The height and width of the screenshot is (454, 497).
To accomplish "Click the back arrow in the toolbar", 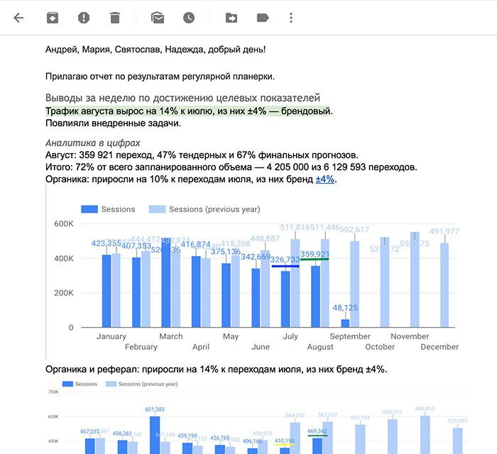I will point(18,18).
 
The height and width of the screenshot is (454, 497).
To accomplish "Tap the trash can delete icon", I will point(116,18).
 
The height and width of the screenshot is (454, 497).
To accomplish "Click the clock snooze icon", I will point(188,18).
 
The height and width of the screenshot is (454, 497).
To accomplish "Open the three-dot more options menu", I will point(291,18).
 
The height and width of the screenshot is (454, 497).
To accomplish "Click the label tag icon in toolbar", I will point(263,18).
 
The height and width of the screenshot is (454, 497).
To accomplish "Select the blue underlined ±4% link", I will point(324,179).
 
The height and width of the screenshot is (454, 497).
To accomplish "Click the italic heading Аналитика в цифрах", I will point(92,143).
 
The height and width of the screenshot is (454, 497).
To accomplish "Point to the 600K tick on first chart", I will point(63,224).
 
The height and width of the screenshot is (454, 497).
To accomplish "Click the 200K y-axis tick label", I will point(63,293).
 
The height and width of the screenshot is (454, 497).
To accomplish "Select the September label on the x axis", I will point(350,336).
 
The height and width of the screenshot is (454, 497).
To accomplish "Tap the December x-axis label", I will point(439,347).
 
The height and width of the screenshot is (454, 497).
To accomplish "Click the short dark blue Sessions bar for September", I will point(345,323).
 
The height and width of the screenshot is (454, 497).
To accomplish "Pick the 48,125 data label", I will point(345,309).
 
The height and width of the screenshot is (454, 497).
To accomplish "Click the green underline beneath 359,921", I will point(315,260).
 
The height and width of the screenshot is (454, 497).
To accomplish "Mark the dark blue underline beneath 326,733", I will point(285,266).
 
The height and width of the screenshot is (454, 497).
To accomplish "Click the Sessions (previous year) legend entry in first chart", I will point(204,209).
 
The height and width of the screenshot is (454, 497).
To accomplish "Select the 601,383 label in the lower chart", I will point(154,409).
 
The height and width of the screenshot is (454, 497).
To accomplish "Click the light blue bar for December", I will point(444,284).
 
